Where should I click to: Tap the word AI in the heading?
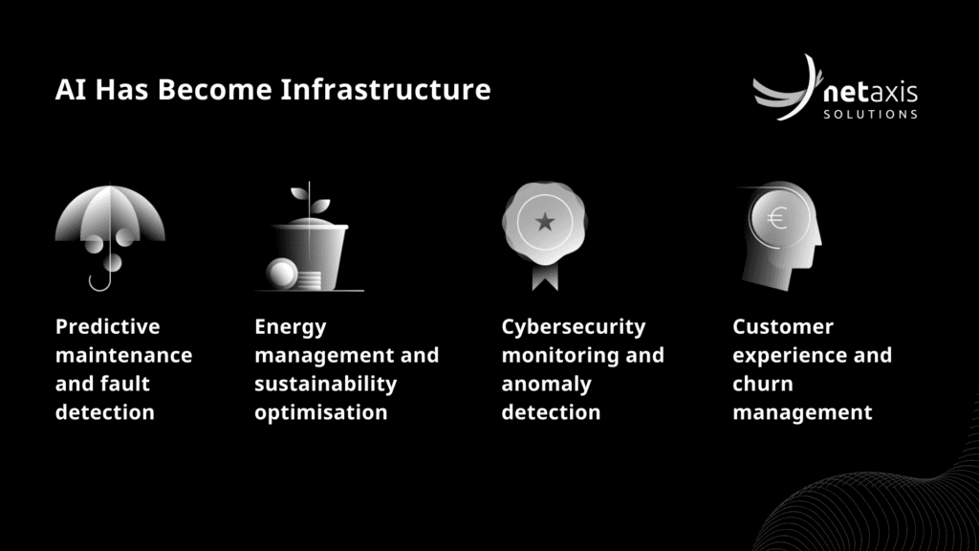pos(68,90)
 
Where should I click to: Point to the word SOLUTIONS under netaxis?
pos(870,115)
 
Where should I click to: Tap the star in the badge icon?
pos(545,222)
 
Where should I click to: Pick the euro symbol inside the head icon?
pos(773,221)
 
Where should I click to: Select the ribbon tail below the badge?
pos(545,278)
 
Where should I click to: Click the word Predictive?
pos(107,327)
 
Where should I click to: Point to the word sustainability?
pos(325,385)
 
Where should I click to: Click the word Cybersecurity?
pos(574,327)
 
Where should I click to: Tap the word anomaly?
pos(547,385)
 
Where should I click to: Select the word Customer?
pos(783,327)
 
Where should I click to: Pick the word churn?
pos(757,385)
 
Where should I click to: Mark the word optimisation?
pos(321,413)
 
